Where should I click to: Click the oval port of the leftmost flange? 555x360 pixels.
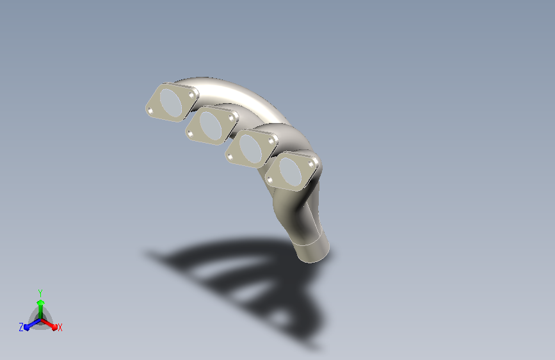(x=171, y=102)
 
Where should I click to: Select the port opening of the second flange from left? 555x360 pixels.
(x=211, y=126)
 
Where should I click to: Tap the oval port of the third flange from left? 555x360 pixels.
(x=250, y=149)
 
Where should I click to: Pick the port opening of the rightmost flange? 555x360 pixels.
(x=290, y=172)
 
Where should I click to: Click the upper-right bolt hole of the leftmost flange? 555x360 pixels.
(x=192, y=95)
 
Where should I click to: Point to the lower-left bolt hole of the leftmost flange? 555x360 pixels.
(x=150, y=111)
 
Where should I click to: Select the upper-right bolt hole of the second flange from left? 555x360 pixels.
(x=232, y=118)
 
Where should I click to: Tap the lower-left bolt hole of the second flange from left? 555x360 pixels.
(x=190, y=134)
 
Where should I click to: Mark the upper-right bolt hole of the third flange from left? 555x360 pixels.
(x=271, y=142)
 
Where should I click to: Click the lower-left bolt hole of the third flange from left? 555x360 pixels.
(x=230, y=157)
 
